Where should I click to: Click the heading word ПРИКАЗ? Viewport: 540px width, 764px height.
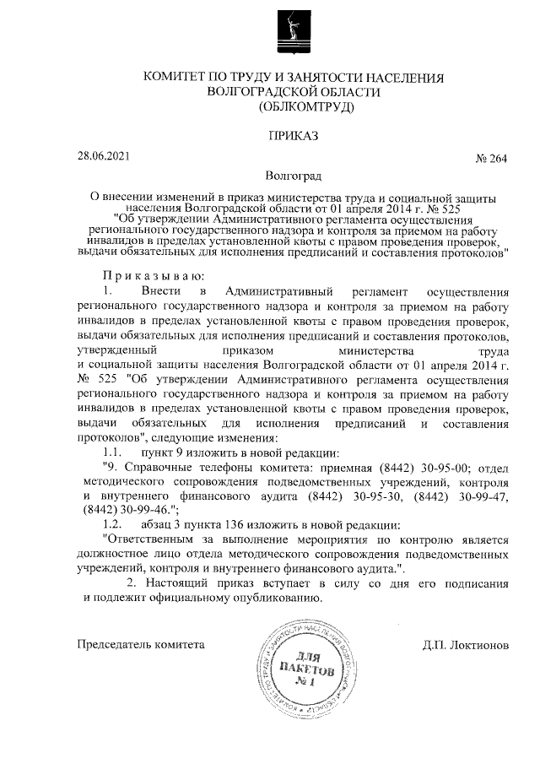point(293,135)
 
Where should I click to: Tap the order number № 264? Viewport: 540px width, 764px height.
point(491,160)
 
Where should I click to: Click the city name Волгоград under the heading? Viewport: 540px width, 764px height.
point(293,178)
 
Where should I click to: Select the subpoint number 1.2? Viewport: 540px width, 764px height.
point(114,524)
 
